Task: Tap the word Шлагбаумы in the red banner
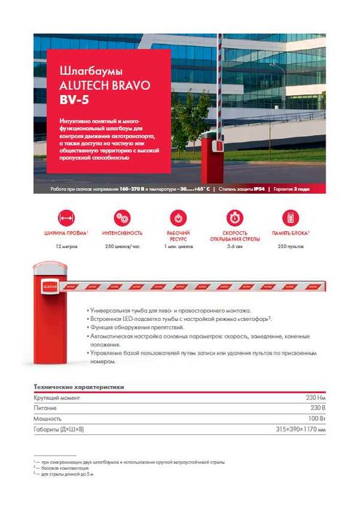pyautogui.click(x=82, y=72)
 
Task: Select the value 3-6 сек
pyautogui.click(x=235, y=246)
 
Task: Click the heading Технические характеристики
pyautogui.click(x=79, y=386)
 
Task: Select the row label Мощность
pyautogui.click(x=48, y=418)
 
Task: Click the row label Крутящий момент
pyautogui.click(x=57, y=397)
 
